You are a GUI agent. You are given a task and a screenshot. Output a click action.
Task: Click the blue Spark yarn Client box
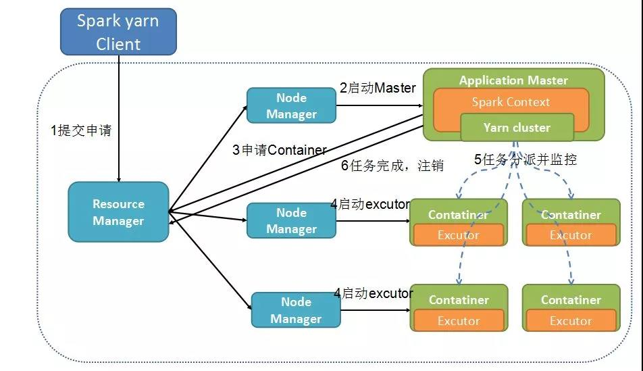tap(118, 32)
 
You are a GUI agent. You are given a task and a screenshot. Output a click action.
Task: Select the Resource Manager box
tap(118, 212)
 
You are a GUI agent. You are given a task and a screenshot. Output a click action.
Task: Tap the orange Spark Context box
tap(511, 110)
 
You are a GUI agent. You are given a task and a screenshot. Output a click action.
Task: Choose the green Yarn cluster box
tap(517, 128)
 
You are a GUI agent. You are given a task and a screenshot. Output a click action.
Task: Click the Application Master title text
tap(513, 80)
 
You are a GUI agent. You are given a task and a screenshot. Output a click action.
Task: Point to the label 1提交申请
tap(81, 130)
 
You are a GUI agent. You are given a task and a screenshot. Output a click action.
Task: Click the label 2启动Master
tap(378, 88)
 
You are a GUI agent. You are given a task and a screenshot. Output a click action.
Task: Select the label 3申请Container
tap(279, 150)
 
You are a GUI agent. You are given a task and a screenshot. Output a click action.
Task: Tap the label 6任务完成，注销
tap(392, 166)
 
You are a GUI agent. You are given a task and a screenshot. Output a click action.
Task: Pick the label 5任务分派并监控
tap(525, 159)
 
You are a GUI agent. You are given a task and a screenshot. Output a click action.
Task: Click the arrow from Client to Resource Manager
tap(119, 119)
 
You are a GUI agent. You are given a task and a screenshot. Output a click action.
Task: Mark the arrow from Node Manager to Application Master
tap(380, 105)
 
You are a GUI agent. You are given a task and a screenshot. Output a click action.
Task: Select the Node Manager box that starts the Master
tap(292, 105)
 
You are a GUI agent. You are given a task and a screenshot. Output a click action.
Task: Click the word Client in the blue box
tap(118, 44)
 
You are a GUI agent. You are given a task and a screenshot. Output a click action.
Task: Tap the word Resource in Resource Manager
tap(118, 204)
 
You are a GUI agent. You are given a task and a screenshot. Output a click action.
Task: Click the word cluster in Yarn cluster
tap(532, 128)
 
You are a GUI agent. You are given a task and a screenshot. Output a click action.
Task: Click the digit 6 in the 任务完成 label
tap(345, 166)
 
